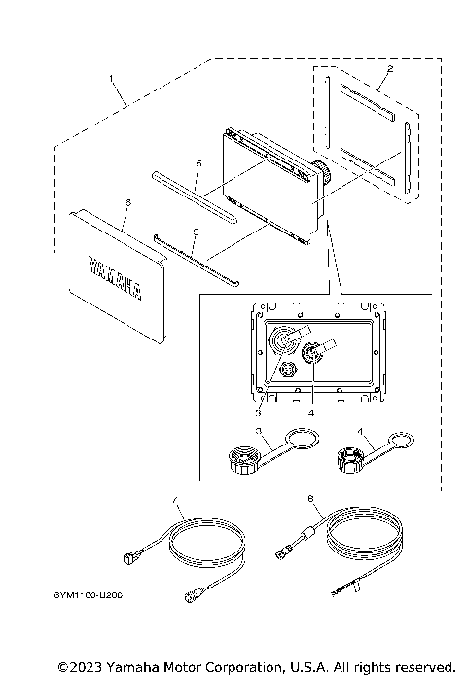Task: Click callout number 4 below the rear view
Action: [x=311, y=411]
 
